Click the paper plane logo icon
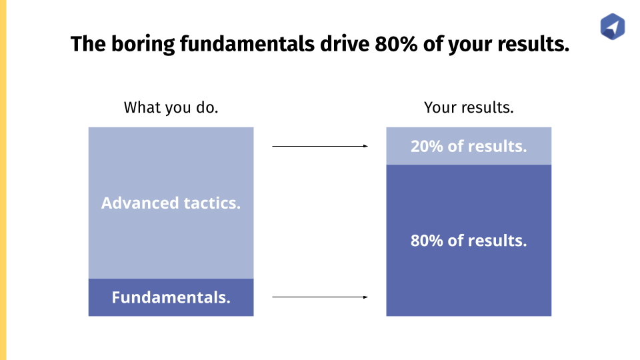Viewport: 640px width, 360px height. coord(612,27)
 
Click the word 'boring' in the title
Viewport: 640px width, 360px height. coord(143,45)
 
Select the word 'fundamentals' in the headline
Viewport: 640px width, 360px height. coord(247,44)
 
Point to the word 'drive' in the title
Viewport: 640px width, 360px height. coord(345,44)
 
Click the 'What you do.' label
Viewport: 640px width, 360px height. coord(171,107)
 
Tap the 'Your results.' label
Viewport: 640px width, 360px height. coord(469,107)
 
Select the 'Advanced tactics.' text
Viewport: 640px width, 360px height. coord(171,203)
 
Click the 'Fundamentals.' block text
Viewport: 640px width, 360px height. coord(171,297)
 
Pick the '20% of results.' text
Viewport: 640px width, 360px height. coord(469,146)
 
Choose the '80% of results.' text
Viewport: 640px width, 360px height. coord(469,241)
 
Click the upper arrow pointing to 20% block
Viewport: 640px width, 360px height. coord(320,146)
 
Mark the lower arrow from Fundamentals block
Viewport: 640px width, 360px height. coord(320,297)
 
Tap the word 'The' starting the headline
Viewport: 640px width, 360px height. coord(88,44)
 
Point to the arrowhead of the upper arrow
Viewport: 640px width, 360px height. coord(366,146)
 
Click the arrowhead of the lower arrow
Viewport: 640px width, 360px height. coord(366,297)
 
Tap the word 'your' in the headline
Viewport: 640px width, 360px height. coord(470,45)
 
